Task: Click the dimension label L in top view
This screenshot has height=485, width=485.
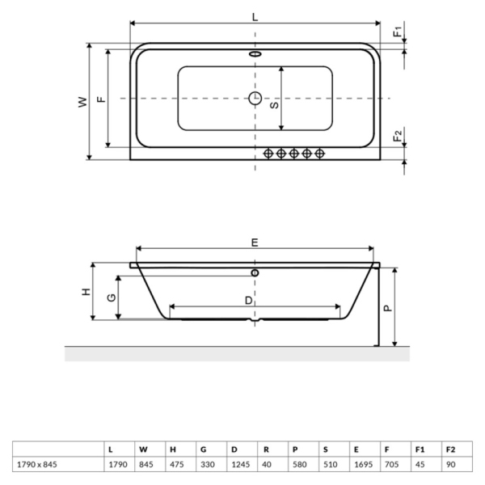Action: coord(255,16)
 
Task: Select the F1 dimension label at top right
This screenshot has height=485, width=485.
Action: coord(397,32)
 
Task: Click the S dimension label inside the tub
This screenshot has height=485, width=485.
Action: coord(274,105)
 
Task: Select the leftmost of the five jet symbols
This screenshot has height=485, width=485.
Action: coord(268,153)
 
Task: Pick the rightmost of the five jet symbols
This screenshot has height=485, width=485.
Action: coord(320,153)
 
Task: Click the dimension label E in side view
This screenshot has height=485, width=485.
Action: coord(255,242)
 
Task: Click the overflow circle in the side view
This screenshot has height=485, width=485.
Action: coord(255,273)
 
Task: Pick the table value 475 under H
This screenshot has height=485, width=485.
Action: coord(176,465)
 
